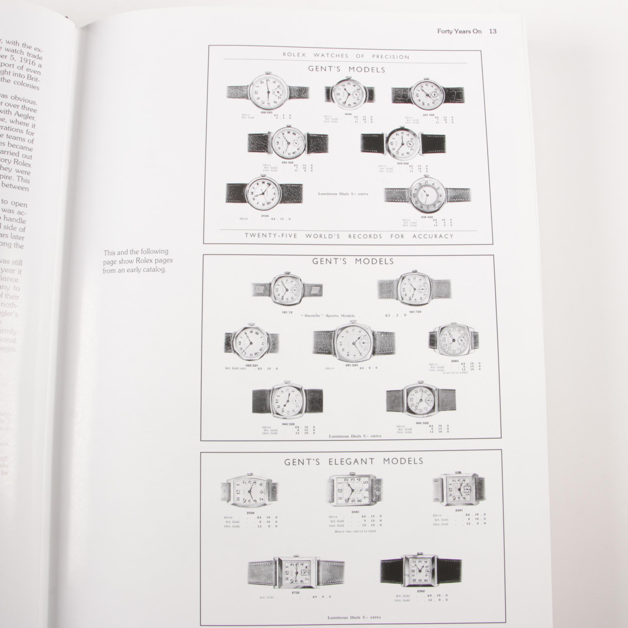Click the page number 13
[x=492, y=32]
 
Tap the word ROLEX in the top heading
[x=294, y=54]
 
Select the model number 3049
[x=348, y=114]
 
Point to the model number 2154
[x=265, y=216]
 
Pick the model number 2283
[x=454, y=361]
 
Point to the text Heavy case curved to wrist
[x=355, y=531]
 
